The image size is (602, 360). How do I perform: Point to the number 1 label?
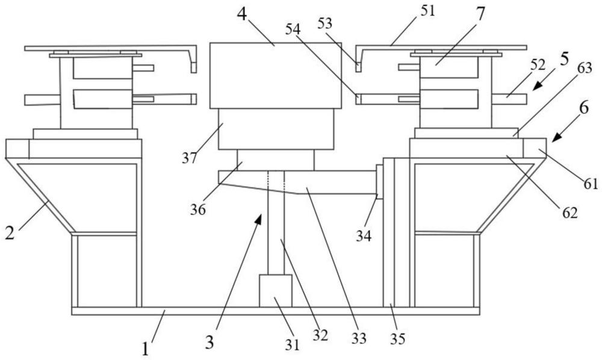tap(145, 347)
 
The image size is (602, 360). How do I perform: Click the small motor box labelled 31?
tap(275, 291)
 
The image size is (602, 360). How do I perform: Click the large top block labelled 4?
tap(275, 75)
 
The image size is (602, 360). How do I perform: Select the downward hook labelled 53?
tap(359, 63)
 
